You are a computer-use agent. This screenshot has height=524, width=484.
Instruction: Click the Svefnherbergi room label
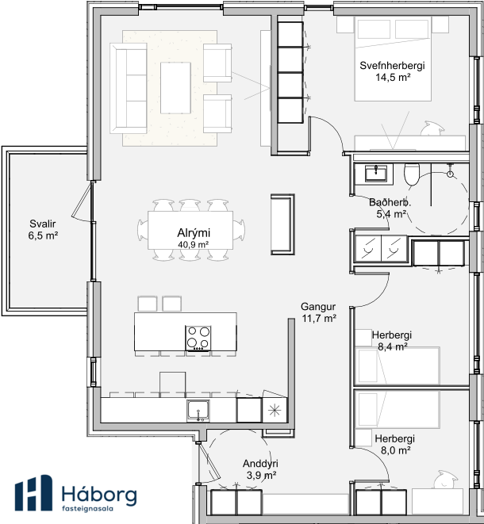click(x=392, y=71)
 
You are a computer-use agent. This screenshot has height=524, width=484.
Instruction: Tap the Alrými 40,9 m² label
click(x=194, y=238)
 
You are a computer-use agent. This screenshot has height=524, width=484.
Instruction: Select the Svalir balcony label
click(x=43, y=230)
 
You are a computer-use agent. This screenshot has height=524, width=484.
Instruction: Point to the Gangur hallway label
click(x=318, y=312)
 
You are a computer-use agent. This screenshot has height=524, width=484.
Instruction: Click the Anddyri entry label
click(x=260, y=469)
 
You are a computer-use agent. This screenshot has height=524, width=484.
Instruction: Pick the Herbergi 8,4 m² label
click(x=392, y=341)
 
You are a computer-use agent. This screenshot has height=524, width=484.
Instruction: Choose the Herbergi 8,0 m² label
click(x=394, y=444)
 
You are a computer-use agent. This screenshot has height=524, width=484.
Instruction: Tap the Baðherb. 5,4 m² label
click(x=390, y=208)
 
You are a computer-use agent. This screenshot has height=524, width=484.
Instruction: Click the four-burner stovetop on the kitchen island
click(x=198, y=338)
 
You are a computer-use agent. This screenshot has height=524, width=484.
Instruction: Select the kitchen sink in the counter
click(x=198, y=411)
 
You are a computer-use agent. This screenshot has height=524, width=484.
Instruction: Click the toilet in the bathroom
click(x=412, y=174)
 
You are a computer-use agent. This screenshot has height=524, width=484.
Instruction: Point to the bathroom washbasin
click(x=375, y=173)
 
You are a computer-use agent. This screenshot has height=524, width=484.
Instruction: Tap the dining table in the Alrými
click(x=190, y=230)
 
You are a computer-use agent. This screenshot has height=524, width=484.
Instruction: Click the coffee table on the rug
click(x=175, y=88)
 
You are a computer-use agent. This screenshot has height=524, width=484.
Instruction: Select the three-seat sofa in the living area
click(x=129, y=88)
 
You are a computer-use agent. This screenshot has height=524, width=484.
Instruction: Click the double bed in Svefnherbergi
click(x=393, y=59)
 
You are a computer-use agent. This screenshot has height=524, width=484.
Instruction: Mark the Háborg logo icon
click(x=33, y=492)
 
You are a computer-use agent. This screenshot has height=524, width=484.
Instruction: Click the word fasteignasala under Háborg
click(x=87, y=509)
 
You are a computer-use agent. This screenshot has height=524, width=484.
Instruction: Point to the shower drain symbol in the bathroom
click(x=450, y=174)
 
